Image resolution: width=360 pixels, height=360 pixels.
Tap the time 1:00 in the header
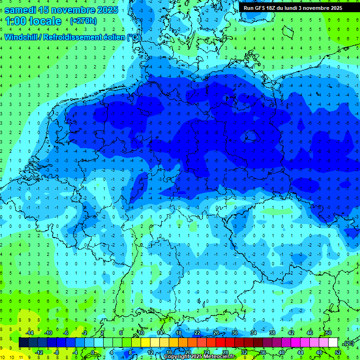(x=17, y=21)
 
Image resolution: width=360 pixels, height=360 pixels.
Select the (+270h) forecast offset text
(x=83, y=21)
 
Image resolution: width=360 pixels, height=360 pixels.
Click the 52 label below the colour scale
(x=338, y=352)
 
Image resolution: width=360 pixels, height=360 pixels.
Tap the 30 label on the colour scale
(x=235, y=332)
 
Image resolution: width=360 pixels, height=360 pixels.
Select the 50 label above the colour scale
(x=329, y=332)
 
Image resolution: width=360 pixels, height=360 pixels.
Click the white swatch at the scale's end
(x=333, y=343)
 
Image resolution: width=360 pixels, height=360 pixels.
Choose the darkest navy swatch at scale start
(x=23, y=343)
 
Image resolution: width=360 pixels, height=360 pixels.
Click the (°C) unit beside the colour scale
(x=348, y=343)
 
